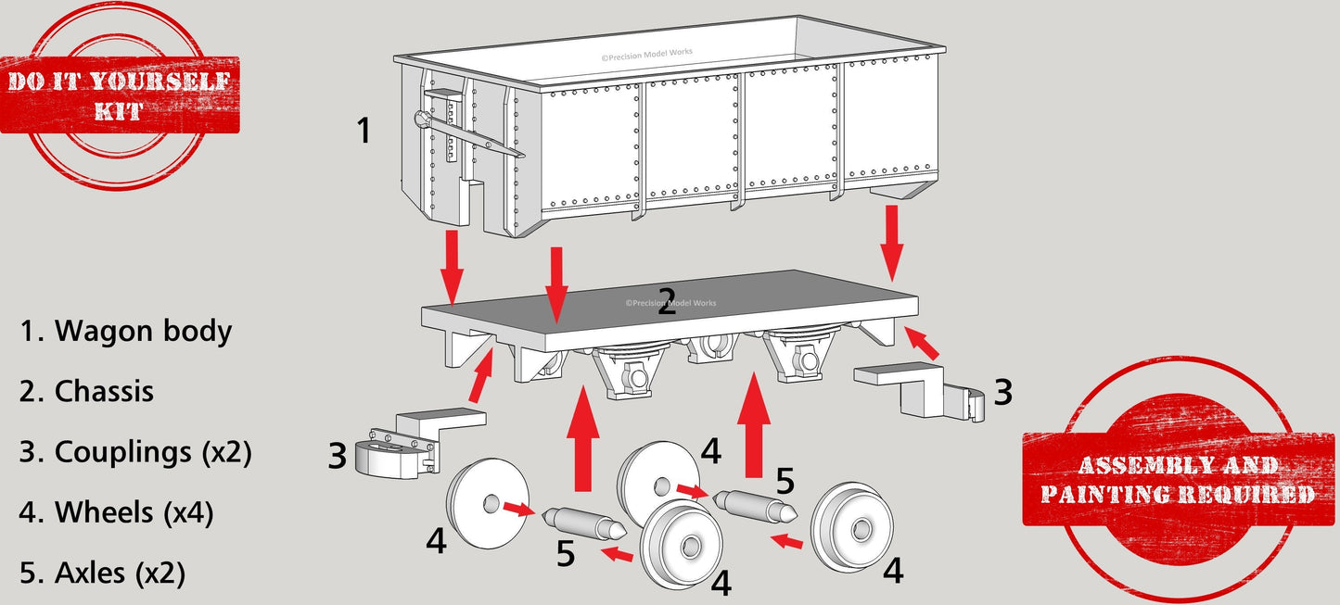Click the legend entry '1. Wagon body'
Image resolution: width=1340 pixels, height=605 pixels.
point(125,331)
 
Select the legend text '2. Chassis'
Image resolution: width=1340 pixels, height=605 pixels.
point(86,391)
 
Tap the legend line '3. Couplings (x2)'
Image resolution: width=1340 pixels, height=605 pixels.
point(135,452)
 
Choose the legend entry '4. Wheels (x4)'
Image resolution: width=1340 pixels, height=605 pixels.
point(116,512)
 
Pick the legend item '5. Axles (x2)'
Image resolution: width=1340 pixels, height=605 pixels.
point(102,573)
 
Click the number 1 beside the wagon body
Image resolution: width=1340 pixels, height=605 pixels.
point(364,131)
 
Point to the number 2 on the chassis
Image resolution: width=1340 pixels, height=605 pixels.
point(666,302)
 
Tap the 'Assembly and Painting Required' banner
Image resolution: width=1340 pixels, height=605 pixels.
point(1177,479)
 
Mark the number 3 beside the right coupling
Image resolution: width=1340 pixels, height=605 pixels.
point(1002,393)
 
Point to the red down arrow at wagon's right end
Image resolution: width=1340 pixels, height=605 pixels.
point(891,241)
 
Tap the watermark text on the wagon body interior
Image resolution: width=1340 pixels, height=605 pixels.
point(646,56)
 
